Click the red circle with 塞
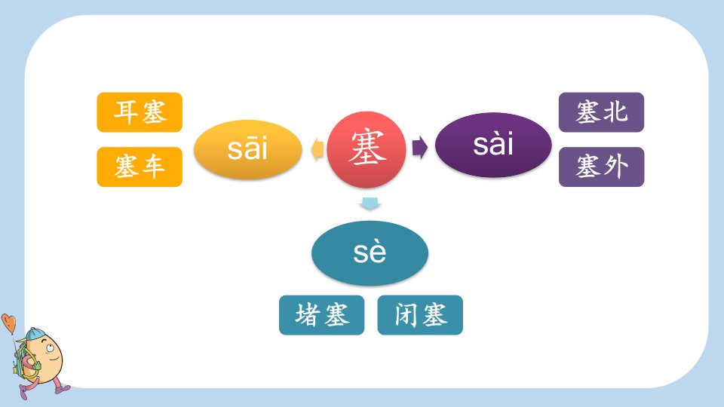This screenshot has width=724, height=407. point(367,149)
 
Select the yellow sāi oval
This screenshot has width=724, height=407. point(247,149)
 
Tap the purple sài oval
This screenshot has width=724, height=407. point(493,145)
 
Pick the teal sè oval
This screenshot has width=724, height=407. point(370,253)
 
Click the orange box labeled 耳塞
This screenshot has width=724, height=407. point(140,112)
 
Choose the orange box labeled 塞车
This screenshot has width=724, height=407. point(140,167)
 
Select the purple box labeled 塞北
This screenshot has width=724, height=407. point(601,112)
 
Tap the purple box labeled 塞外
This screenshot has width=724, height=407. point(601,167)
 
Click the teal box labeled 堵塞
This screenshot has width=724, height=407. point(321,315)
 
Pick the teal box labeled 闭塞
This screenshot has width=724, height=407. point(420,315)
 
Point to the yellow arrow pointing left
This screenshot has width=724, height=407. point(318,149)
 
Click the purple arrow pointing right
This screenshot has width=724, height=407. point(420,147)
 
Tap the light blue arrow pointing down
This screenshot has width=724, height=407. point(370,203)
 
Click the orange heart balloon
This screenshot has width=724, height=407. point(8,323)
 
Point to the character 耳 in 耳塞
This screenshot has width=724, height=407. point(125,112)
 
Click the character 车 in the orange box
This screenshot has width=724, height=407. point(153,167)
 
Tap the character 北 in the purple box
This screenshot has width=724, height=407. point(615,112)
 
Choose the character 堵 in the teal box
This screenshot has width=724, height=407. point(307,315)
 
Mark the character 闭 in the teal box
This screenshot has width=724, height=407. point(406,315)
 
